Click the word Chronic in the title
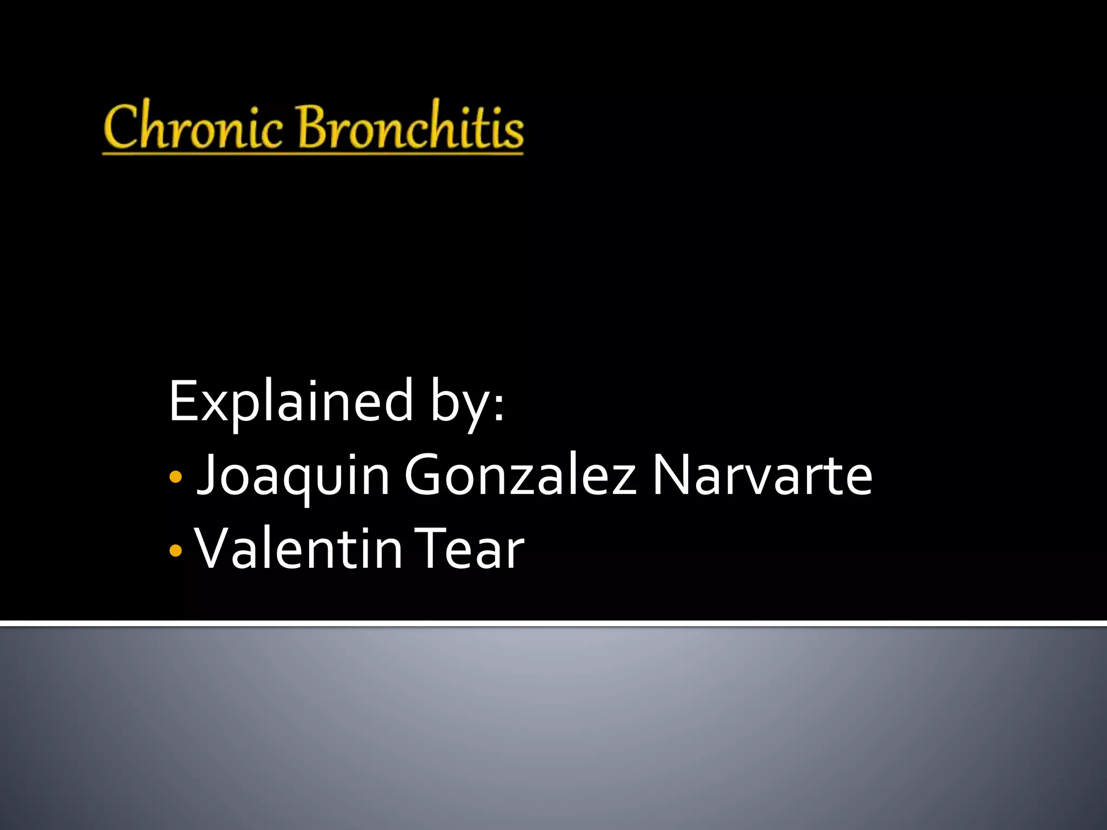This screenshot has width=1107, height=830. (193, 127)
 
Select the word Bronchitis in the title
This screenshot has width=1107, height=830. (410, 127)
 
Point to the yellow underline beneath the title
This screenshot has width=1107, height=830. (312, 154)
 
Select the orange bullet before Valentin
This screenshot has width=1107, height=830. (175, 551)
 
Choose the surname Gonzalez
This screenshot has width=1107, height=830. (520, 476)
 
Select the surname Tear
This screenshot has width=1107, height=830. (470, 550)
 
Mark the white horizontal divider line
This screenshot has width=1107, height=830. (553, 624)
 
